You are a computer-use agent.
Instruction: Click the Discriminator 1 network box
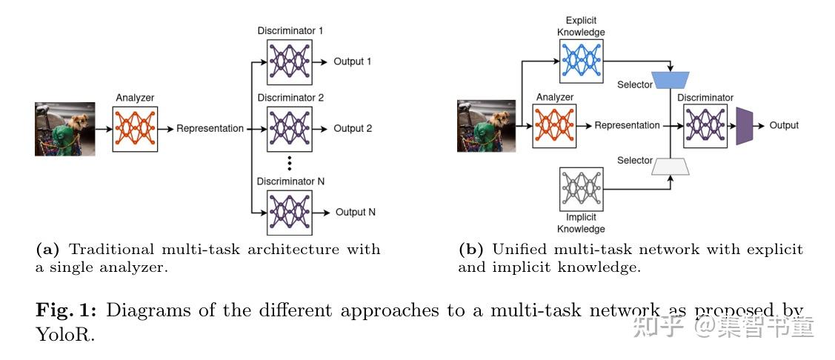(289, 61)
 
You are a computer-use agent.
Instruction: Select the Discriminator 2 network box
(289, 129)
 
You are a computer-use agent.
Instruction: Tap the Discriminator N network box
(289, 213)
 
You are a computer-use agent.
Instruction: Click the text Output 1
(353, 61)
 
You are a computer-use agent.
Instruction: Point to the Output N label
(355, 212)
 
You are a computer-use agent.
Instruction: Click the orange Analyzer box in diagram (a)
(136, 129)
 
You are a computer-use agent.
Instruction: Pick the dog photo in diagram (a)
(65, 129)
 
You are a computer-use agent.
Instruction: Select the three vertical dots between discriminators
(289, 163)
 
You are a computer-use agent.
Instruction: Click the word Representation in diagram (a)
(210, 128)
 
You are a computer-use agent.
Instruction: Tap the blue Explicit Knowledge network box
(582, 61)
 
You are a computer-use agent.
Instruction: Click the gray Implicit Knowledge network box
(582, 190)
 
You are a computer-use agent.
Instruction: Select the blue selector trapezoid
(671, 80)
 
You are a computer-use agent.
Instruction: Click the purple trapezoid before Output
(743, 126)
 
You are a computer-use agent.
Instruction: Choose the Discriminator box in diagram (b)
(705, 126)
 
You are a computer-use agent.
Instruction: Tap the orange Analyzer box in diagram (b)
(555, 126)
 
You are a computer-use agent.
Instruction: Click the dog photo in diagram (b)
(486, 126)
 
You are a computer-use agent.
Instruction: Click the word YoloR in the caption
(65, 335)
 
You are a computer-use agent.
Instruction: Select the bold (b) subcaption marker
(470, 249)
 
